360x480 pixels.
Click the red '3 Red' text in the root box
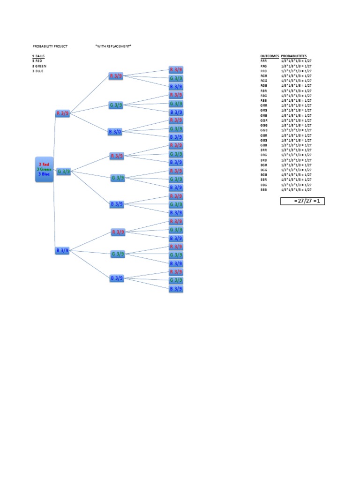click(45, 165)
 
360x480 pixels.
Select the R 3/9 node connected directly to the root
click(62, 113)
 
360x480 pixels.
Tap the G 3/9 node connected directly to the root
click(64, 172)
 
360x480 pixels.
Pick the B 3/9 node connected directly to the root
click(62, 251)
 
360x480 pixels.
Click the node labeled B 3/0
click(115, 132)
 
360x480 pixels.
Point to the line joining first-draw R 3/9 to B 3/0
click(89, 122)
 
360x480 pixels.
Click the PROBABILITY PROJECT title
click(50, 46)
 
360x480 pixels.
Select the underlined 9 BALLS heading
click(38, 56)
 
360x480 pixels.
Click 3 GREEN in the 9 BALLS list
click(39, 66)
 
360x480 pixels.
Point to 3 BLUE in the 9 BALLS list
click(38, 71)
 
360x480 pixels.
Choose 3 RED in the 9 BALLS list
click(37, 61)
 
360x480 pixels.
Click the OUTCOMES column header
click(269, 56)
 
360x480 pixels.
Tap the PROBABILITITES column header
click(294, 56)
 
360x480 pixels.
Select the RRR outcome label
click(263, 61)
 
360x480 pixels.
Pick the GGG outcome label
click(263, 125)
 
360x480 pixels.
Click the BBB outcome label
click(263, 190)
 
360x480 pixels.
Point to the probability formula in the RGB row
click(296, 86)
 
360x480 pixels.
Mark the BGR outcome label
click(263, 165)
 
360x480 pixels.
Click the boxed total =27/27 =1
click(302, 201)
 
